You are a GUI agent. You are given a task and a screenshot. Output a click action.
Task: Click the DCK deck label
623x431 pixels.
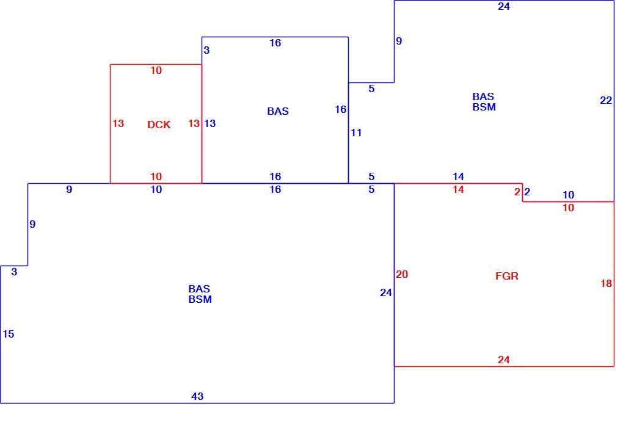click(159, 125)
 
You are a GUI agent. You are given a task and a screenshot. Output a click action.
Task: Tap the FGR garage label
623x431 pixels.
click(506, 276)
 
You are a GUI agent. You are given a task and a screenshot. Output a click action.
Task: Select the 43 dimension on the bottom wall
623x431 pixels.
click(197, 396)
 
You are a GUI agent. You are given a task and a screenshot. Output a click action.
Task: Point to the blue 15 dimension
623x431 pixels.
click(9, 334)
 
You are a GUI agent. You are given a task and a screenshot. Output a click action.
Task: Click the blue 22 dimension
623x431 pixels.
click(606, 101)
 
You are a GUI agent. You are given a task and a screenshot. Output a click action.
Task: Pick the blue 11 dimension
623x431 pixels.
click(356, 132)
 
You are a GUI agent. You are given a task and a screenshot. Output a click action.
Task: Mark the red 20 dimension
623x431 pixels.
click(402, 274)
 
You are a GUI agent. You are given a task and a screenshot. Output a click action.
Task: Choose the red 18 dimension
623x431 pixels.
click(606, 283)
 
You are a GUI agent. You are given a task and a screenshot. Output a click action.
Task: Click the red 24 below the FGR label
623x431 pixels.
click(503, 360)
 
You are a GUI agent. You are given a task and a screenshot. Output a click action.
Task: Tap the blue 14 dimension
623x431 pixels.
click(458, 176)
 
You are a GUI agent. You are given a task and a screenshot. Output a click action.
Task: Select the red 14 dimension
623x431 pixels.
click(458, 189)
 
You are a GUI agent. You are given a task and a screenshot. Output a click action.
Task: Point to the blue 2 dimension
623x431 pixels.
click(527, 192)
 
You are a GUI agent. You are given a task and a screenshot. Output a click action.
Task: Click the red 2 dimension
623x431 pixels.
click(517, 192)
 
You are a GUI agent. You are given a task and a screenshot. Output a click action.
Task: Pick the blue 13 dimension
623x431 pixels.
click(209, 123)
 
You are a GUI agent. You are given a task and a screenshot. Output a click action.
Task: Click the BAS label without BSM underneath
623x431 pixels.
click(278, 111)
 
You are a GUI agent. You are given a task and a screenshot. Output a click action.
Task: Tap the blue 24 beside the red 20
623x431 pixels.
click(386, 293)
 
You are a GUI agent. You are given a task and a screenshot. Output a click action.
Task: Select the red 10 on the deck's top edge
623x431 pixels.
click(156, 70)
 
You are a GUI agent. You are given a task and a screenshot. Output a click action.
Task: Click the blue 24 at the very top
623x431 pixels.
click(503, 6)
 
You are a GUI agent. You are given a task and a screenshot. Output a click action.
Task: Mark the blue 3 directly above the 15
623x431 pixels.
click(14, 272)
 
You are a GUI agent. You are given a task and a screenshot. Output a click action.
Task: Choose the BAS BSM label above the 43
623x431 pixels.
click(200, 294)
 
